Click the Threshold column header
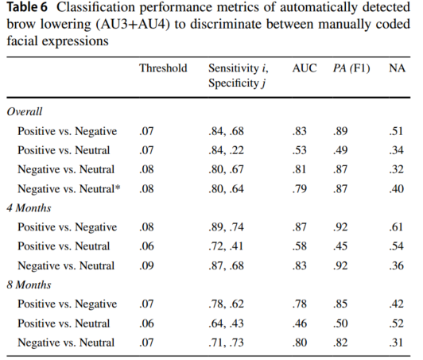[x=163, y=68]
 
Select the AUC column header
[x=305, y=68]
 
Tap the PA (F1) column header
[x=351, y=68]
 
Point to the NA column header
[x=397, y=68]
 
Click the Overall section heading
[x=25, y=111]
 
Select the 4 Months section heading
[x=29, y=208]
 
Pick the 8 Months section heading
[x=29, y=285]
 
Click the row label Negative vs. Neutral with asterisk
[x=69, y=189]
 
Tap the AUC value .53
[x=300, y=150]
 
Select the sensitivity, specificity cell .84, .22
[x=226, y=150]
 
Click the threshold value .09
[x=146, y=265]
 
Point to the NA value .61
[x=396, y=227]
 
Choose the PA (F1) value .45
[x=340, y=246]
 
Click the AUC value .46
[x=300, y=323]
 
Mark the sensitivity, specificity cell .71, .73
[x=226, y=343]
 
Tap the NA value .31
[x=396, y=343]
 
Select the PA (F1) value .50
[x=340, y=323]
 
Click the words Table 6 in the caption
[x=27, y=7]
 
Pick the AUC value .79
[x=300, y=189]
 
